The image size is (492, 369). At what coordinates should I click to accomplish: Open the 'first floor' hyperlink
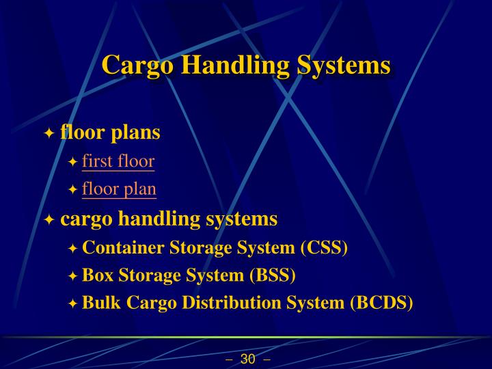[118, 161]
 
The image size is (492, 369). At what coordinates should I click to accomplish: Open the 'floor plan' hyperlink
[119, 189]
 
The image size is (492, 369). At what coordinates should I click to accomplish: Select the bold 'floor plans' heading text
[110, 132]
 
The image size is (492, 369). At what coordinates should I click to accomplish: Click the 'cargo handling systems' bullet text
[169, 219]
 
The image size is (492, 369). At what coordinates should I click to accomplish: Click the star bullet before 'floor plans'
[49, 133]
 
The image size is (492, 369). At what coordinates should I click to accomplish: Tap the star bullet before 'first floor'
[73, 163]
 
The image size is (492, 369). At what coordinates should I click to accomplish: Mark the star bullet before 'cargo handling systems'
[49, 220]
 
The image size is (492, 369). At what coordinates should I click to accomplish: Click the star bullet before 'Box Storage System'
[73, 277]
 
